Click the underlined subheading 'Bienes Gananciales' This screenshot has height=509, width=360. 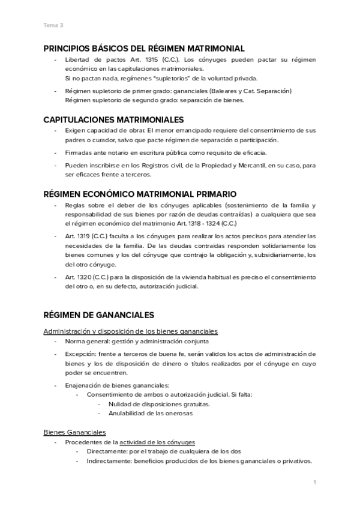(75, 432)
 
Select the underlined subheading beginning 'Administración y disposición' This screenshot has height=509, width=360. (130, 331)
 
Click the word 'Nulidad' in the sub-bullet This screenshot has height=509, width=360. (121, 404)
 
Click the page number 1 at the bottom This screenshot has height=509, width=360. (314, 481)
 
